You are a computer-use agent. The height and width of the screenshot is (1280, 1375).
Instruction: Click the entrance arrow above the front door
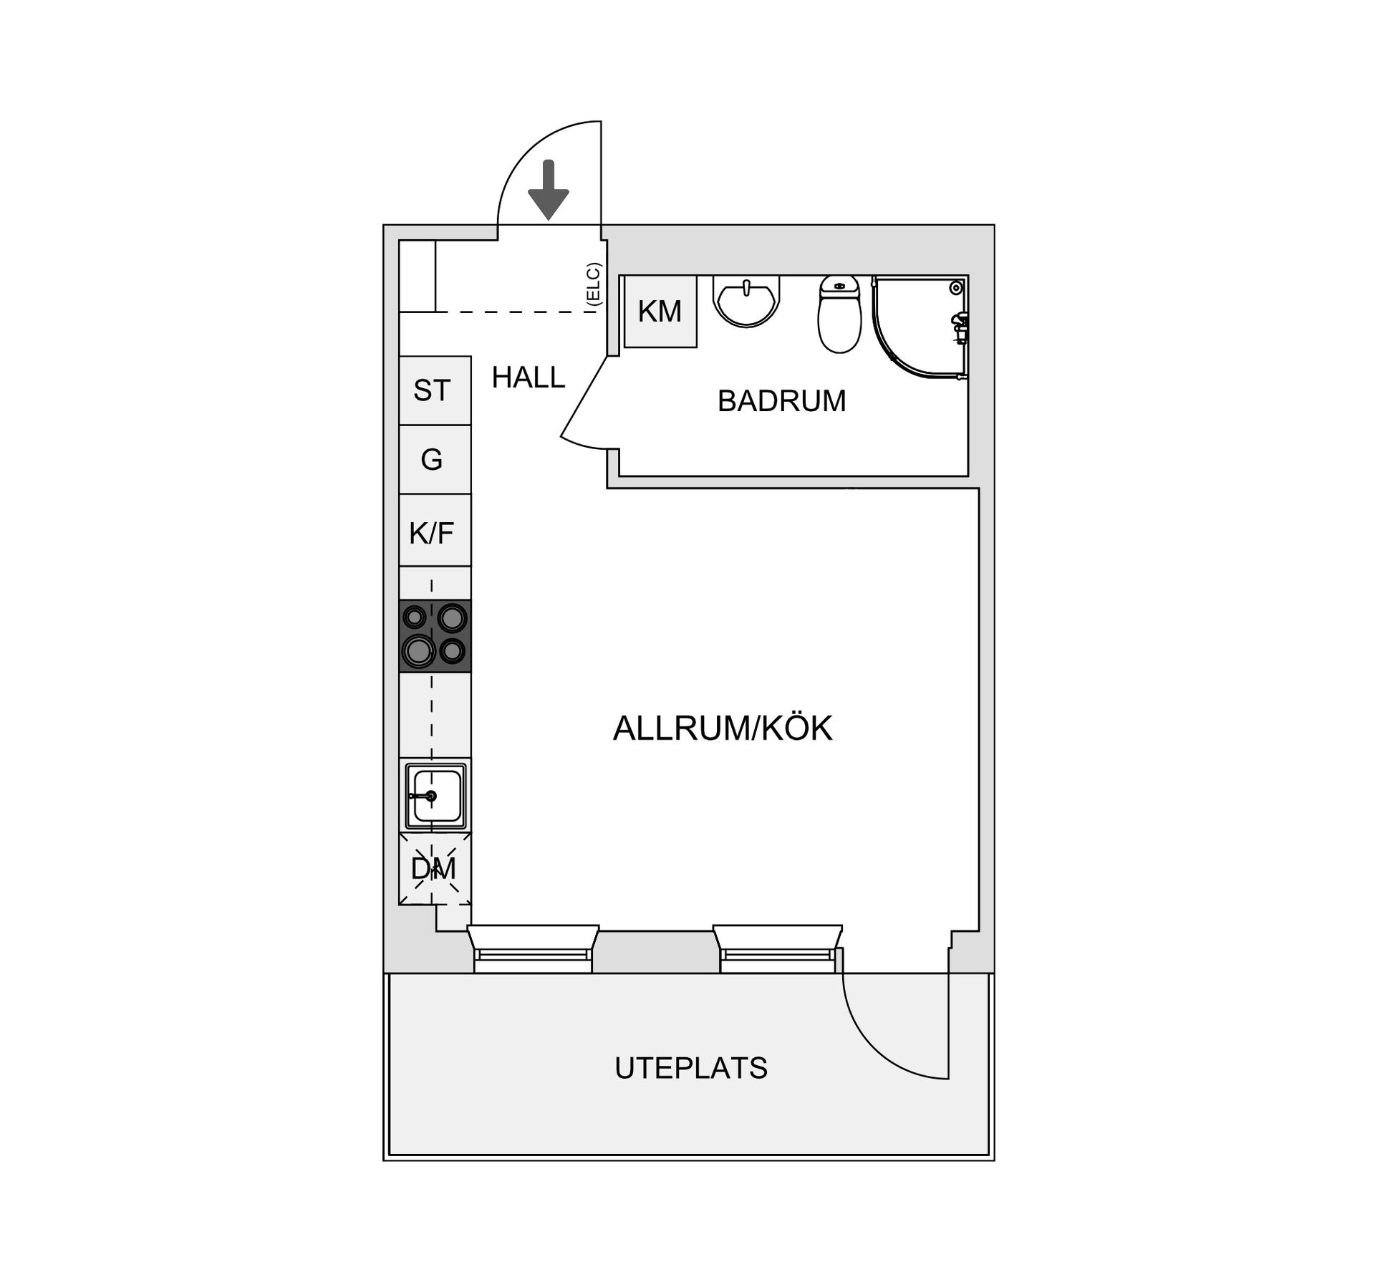(549, 190)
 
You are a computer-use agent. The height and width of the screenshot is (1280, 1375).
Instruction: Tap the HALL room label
(529, 377)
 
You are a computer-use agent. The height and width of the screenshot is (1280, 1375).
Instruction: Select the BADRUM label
(782, 401)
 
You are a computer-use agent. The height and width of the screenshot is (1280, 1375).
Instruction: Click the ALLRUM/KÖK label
(723, 728)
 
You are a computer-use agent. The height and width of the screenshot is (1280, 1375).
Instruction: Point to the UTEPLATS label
(691, 1068)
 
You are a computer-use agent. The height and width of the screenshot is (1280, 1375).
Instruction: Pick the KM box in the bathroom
(660, 312)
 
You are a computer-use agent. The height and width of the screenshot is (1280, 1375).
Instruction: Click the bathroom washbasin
(746, 302)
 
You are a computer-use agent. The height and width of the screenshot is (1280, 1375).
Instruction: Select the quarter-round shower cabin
(920, 327)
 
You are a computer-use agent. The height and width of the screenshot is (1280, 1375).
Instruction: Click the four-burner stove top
(435, 635)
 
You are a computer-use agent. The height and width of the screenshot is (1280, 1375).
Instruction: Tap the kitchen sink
(435, 796)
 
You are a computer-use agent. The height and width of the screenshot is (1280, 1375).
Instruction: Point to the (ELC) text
(593, 284)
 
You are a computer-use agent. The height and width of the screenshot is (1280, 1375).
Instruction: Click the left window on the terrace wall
(533, 948)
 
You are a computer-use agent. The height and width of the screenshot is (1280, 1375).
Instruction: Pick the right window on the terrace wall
(778, 948)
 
